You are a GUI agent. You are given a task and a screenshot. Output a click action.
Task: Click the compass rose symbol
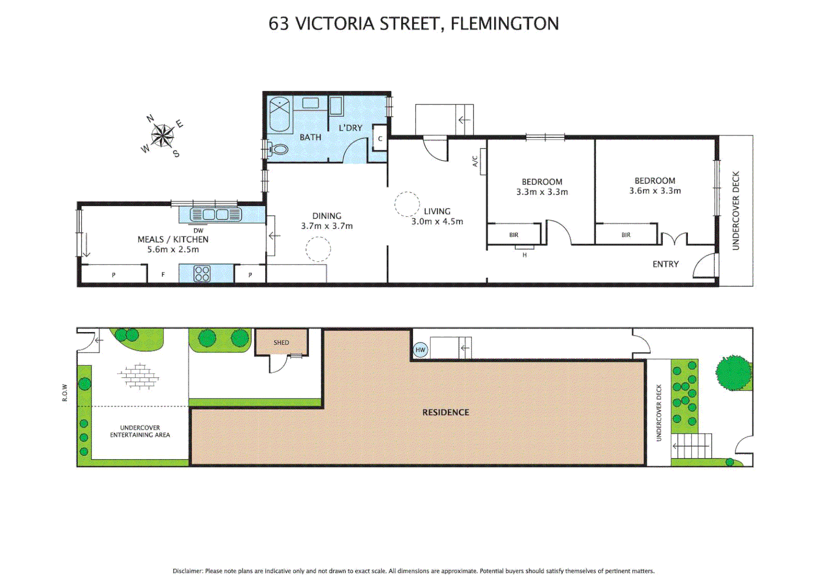tap(162, 135)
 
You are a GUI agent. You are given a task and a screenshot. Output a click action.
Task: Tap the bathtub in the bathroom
tap(280, 114)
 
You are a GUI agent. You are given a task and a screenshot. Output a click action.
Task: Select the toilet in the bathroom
tap(278, 149)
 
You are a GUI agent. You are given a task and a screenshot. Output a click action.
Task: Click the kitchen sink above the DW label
tap(215, 215)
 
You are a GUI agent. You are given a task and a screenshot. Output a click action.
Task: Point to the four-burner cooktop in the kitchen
tap(202, 274)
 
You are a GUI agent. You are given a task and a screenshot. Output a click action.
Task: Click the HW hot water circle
tap(421, 350)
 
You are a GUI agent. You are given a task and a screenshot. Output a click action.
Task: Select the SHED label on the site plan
tap(281, 342)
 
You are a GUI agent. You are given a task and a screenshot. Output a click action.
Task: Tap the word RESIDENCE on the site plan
tap(445, 412)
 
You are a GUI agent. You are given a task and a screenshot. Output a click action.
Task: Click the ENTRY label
tap(665, 264)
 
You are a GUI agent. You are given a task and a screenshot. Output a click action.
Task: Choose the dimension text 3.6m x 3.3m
tap(655, 191)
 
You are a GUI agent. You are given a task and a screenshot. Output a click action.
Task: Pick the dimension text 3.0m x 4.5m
tap(437, 222)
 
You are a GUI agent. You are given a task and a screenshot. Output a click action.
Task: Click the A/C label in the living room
tap(475, 161)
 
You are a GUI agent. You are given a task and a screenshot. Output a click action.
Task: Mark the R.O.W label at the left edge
tap(64, 393)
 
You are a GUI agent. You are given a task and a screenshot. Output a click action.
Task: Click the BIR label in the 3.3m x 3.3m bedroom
tap(514, 235)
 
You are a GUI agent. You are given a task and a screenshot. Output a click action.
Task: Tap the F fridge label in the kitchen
tap(163, 275)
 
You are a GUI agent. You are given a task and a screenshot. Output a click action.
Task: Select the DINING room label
tap(326, 216)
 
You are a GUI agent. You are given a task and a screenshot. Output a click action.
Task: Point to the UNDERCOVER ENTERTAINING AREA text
tap(140, 431)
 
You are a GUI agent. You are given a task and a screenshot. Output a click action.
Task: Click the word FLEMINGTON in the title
tap(504, 24)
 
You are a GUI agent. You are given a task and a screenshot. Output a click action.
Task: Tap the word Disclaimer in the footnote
tap(187, 571)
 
